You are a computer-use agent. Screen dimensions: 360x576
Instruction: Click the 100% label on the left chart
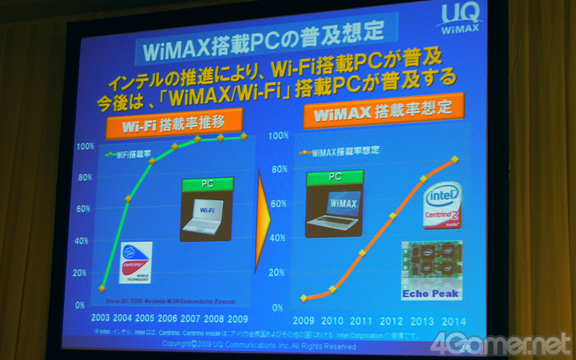(85, 146)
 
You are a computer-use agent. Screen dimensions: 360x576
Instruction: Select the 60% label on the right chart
(278, 204)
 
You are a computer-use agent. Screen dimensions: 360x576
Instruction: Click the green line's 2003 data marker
(102, 288)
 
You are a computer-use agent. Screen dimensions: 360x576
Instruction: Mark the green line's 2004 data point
(128, 198)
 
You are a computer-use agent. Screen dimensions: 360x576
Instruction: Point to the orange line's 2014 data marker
(454, 160)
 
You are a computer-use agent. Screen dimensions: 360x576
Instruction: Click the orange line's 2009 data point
(305, 297)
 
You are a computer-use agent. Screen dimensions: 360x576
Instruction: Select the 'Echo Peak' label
(431, 293)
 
